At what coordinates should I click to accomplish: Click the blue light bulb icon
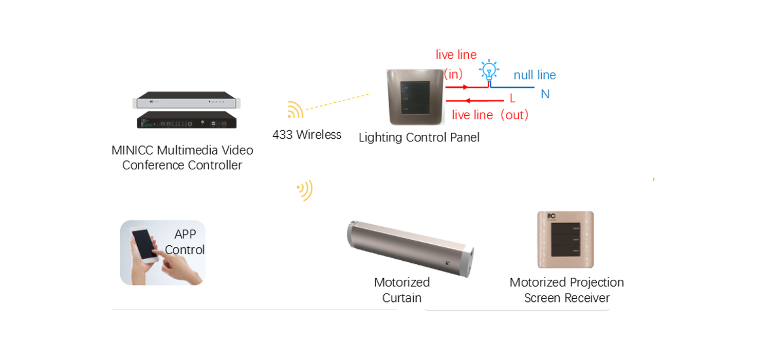pyautogui.click(x=489, y=70)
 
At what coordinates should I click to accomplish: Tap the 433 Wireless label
pyautogui.click(x=307, y=135)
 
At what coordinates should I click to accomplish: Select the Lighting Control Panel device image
pyautogui.click(x=415, y=97)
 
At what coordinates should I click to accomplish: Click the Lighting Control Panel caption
pyautogui.click(x=419, y=137)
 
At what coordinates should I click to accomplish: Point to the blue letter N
pyautogui.click(x=545, y=94)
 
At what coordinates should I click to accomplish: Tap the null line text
pyautogui.click(x=535, y=75)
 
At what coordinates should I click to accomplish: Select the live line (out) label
pyautogui.click(x=490, y=115)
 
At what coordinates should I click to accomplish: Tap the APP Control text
pyautogui.click(x=185, y=242)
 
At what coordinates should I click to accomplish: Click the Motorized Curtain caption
pyautogui.click(x=402, y=290)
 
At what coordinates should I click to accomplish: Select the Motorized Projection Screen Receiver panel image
pyautogui.click(x=565, y=240)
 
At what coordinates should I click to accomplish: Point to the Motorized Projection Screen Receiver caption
pyautogui.click(x=566, y=290)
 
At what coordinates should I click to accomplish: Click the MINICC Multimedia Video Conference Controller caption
pyautogui.click(x=182, y=158)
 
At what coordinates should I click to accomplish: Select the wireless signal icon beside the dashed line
pyautogui.click(x=296, y=110)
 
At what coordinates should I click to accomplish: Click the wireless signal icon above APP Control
pyautogui.click(x=305, y=190)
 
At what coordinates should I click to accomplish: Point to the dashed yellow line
pyautogui.click(x=337, y=102)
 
